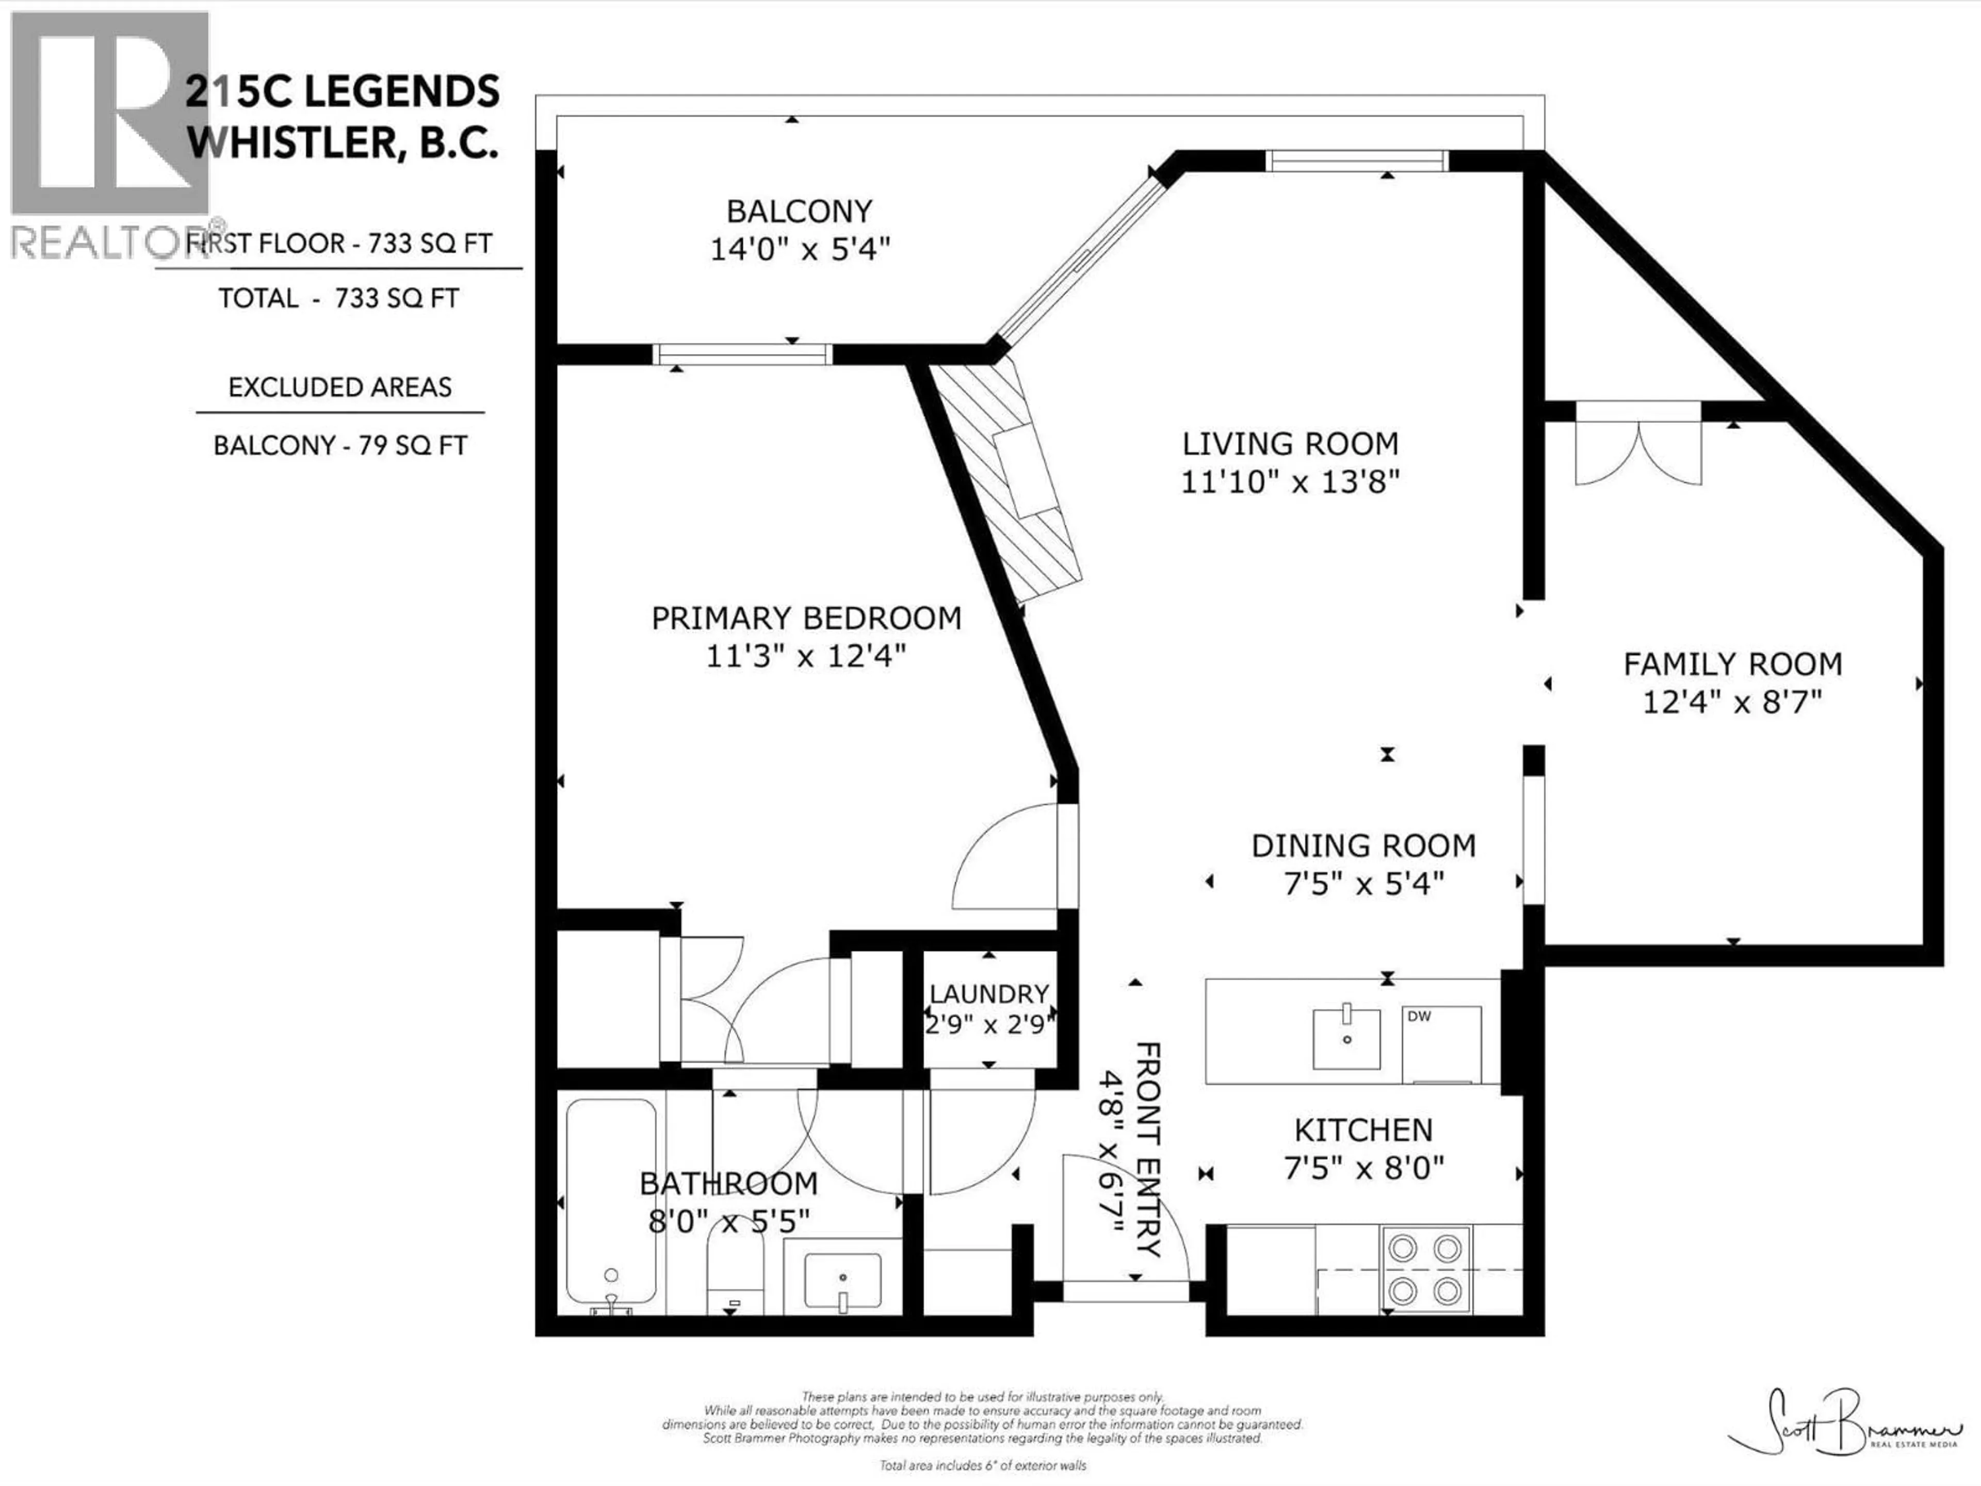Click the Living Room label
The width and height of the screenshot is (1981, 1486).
1290,443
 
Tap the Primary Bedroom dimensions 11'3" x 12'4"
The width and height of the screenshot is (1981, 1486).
805,656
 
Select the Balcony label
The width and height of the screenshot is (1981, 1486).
799,212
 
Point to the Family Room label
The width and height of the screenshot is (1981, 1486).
1732,664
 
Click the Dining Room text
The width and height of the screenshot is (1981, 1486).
1363,846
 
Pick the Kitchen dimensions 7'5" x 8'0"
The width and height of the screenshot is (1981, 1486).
1363,1168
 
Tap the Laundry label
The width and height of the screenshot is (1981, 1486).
989,993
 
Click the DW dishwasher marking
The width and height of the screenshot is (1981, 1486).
1420,1016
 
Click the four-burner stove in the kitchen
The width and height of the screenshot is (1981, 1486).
1425,1268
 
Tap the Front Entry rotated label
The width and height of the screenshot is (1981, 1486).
1148,1149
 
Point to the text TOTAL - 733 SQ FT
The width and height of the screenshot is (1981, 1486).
338,298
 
